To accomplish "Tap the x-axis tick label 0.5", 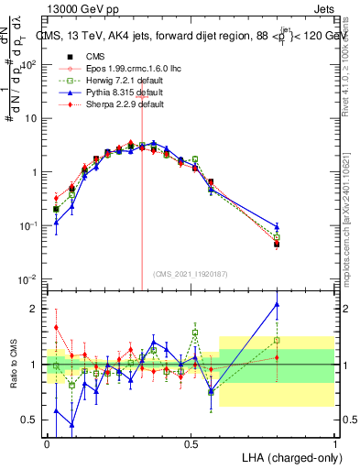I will tap(191, 442).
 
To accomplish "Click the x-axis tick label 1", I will tap(334, 442).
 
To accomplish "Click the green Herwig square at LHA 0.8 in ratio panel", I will tap(277, 340).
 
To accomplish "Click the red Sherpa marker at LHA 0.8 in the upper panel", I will tap(277, 244).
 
